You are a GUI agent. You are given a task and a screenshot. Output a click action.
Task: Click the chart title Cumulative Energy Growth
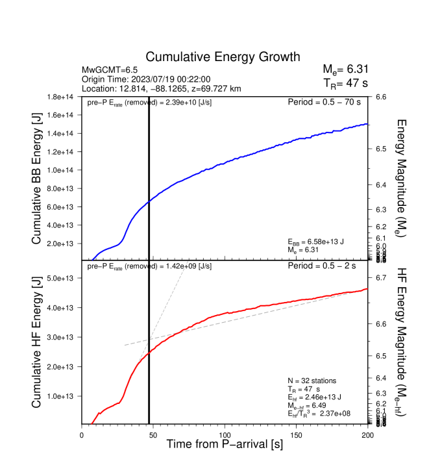click(x=223, y=57)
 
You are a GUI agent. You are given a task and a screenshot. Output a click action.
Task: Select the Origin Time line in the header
click(x=138, y=79)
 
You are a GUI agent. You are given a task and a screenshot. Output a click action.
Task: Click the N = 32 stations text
click(x=313, y=381)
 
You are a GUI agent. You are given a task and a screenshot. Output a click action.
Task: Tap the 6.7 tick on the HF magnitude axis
click(x=380, y=277)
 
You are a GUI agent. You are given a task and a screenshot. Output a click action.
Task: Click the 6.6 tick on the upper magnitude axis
click(x=380, y=97)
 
